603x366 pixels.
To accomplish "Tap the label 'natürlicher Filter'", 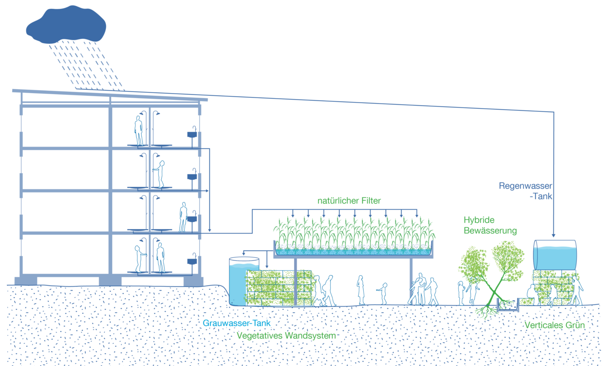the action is click(x=349, y=201).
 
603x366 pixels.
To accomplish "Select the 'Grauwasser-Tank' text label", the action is click(x=236, y=323).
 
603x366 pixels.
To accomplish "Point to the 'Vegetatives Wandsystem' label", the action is click(x=286, y=336).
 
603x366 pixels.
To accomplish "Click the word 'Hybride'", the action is click(x=479, y=220).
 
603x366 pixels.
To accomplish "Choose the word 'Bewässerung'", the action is click(x=490, y=231).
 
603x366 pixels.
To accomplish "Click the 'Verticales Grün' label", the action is click(x=554, y=325).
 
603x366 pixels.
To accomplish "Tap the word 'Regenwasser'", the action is click(x=525, y=186).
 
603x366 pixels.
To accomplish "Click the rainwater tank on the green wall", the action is click(x=555, y=255).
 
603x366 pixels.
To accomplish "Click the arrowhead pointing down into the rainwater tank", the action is click(x=554, y=235).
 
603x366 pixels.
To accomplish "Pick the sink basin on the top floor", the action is click(x=192, y=135).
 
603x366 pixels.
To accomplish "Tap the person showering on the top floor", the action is click(x=138, y=131).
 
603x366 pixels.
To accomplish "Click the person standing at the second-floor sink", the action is click(x=183, y=217).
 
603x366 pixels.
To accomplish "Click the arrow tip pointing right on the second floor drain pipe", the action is click(x=207, y=191).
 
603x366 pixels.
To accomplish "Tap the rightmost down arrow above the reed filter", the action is click(x=417, y=215).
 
